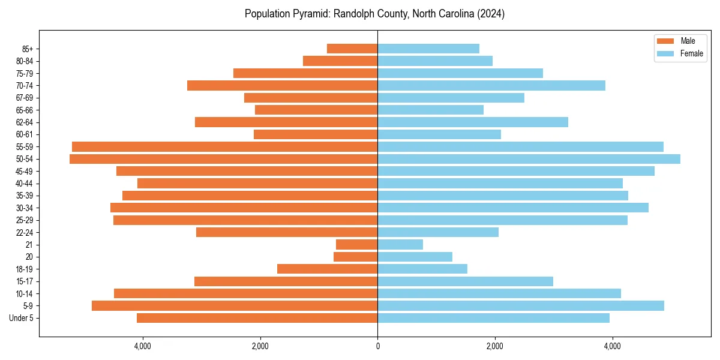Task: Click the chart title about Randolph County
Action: point(374,14)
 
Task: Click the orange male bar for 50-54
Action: point(223,159)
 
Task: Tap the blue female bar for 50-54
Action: point(529,159)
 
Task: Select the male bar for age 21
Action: point(356,245)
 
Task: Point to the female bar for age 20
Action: point(415,257)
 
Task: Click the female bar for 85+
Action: point(428,49)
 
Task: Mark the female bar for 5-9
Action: point(521,306)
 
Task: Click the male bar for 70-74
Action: point(282,86)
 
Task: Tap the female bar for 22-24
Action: point(438,232)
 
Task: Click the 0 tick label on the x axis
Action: point(377,346)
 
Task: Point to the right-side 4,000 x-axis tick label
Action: point(612,346)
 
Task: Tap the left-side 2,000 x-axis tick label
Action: point(260,346)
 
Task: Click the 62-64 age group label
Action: point(24,122)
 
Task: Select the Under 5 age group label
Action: point(21,318)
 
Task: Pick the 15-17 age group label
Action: point(24,281)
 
